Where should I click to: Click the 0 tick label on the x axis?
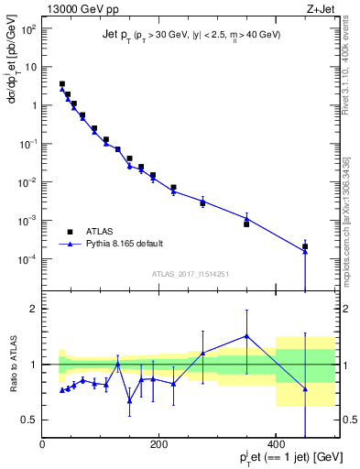[x=42, y=444]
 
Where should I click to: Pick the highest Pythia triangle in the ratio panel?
[x=246, y=335]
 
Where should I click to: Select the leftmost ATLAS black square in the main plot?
[x=62, y=83]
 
